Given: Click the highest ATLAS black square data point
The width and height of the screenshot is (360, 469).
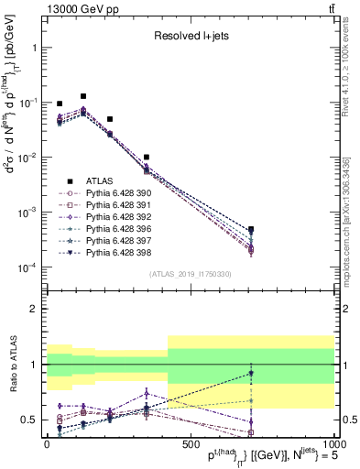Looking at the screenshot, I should tap(83, 96).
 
